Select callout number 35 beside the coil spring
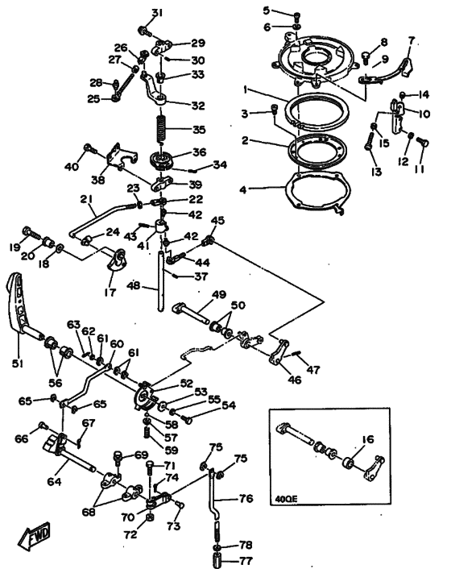197,129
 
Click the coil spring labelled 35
159,129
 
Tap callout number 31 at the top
157,12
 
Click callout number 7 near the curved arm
412,40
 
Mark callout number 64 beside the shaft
54,482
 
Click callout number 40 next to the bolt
70,167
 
